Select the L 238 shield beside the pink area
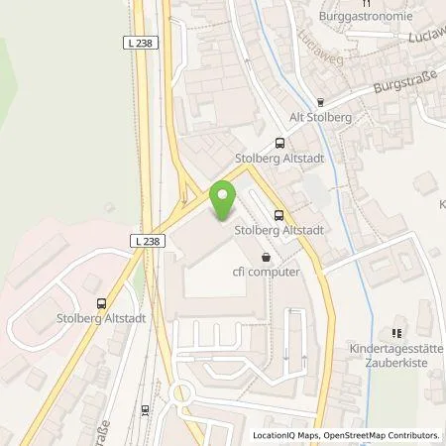tap(147, 241)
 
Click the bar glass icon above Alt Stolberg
tap(320, 101)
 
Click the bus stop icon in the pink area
tap(100, 304)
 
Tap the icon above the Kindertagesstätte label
tap(394, 333)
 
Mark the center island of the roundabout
tap(182, 395)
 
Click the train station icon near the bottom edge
tap(145, 408)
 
